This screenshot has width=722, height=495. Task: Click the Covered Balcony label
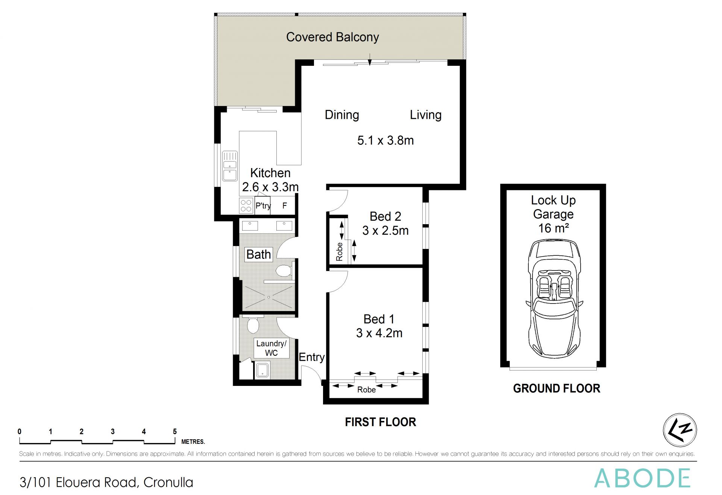(332, 37)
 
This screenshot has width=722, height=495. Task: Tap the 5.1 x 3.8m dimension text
(385, 140)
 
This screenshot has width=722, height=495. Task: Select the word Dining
(342, 115)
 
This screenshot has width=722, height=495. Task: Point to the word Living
(426, 115)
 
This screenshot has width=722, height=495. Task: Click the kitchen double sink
(229, 166)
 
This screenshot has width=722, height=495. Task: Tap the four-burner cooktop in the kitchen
(246, 205)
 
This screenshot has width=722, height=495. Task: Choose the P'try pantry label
(263, 206)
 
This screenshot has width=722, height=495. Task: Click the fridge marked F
(285, 205)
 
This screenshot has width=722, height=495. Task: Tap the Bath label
(258, 254)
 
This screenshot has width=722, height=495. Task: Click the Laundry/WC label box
(271, 348)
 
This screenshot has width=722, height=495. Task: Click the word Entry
(311, 357)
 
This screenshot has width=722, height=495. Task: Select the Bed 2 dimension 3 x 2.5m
(385, 231)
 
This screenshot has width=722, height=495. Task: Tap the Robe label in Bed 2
(340, 252)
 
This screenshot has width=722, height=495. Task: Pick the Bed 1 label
(379, 319)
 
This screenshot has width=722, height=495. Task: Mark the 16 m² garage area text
(554, 228)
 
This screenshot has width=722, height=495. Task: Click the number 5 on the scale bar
(174, 432)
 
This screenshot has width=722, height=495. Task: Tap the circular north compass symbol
(680, 430)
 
